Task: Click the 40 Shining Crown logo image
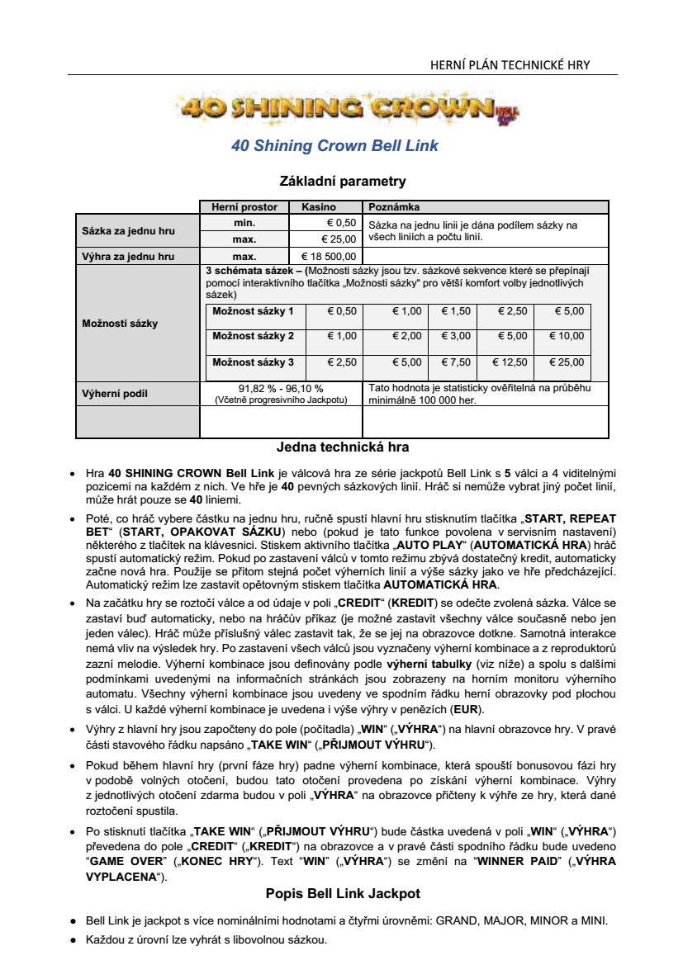[346, 108]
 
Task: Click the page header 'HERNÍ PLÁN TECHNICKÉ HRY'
[510, 65]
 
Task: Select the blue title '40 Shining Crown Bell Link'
[334, 146]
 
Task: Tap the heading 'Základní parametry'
[343, 181]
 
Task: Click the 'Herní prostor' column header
[244, 207]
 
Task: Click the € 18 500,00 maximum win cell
[328, 257]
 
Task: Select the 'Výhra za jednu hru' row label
[127, 257]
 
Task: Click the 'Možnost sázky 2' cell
[253, 336]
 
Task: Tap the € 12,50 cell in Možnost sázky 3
[510, 362]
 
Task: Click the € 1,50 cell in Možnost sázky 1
[455, 311]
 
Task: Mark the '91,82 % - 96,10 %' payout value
[281, 388]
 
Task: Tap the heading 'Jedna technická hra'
[343, 448]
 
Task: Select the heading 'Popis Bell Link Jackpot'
[343, 894]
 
